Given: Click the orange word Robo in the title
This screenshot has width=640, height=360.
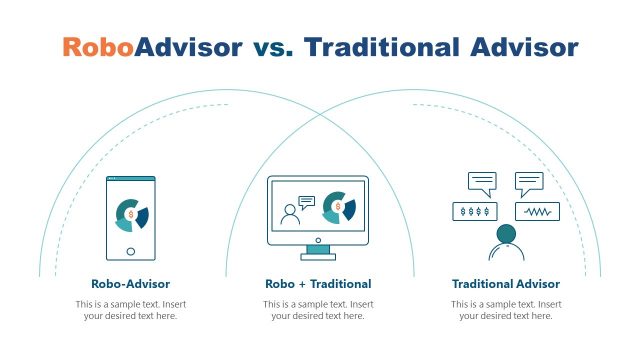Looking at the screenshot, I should tap(98, 47).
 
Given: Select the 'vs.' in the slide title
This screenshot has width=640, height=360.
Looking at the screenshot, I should tap(272, 47).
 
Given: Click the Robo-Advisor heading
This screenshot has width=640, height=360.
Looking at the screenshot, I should tap(130, 284).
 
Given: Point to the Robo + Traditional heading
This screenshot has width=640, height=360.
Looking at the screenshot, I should tap(318, 284).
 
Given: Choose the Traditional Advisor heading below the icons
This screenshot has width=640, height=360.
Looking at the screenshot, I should tap(506, 284).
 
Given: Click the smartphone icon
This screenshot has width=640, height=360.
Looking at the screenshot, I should tap(131, 218).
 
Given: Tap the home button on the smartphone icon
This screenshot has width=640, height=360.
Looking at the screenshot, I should tap(131, 251).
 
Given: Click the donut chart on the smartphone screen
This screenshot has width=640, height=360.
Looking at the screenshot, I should tap(131, 213).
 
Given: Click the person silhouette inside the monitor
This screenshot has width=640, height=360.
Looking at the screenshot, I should tap(291, 214).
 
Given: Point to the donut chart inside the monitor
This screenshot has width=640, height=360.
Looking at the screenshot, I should tap(340, 207).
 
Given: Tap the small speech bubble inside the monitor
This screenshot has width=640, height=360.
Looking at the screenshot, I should tap(307, 201).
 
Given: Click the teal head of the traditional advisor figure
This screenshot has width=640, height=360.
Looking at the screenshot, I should tap(505, 234).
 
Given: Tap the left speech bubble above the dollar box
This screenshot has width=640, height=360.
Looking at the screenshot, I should tap(482, 183).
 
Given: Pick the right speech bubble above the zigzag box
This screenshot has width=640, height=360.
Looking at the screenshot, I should tap(529, 183).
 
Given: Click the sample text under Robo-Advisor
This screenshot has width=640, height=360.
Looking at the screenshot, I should tap(130, 310).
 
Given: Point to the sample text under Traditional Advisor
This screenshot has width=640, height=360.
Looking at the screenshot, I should tap(506, 310).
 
